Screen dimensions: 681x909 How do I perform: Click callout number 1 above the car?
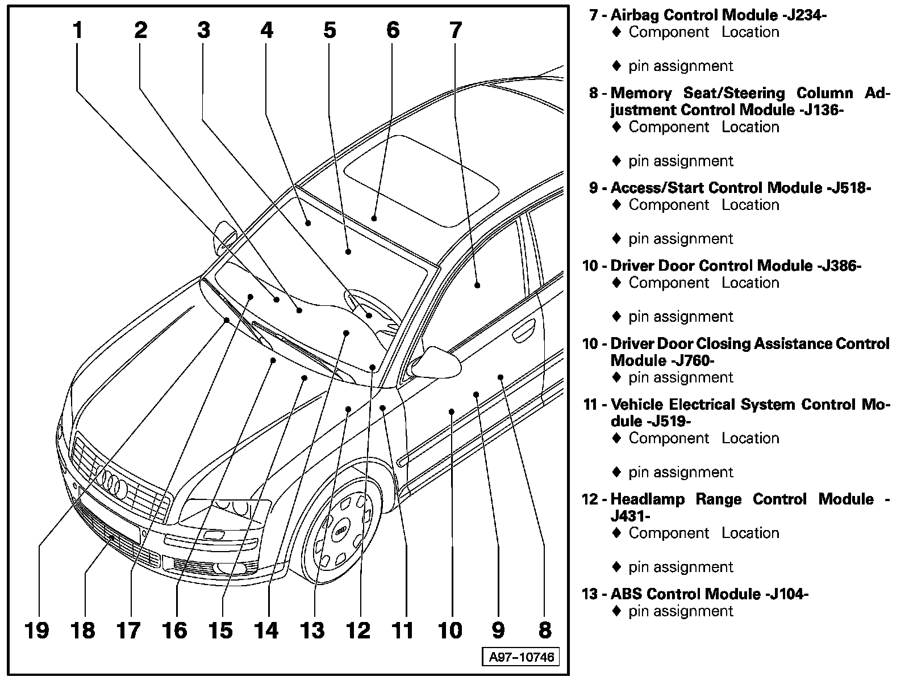tap(78, 30)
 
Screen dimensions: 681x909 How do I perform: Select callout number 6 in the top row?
tap(393, 30)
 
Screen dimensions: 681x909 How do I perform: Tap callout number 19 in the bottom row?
tap(37, 630)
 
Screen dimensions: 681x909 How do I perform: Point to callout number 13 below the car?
tap(312, 630)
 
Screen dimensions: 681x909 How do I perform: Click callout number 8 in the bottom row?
tap(544, 630)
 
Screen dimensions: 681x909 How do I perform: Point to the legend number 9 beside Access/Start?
tap(594, 188)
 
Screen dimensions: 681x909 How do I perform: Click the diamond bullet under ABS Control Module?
tap(617, 611)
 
